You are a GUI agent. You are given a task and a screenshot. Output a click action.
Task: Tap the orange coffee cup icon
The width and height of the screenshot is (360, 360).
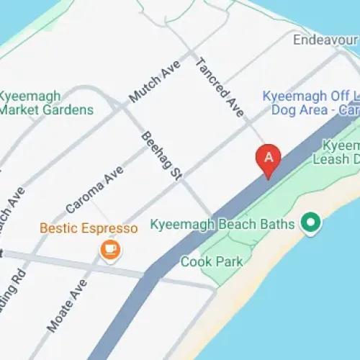coord(110,250)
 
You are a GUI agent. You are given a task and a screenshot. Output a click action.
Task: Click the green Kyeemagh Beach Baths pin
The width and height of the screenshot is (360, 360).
coord(311,222)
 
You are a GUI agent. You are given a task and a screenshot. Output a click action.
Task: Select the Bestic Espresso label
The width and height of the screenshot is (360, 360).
coord(89,229)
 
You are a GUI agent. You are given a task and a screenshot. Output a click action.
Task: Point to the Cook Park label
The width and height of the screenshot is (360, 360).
coord(212,261)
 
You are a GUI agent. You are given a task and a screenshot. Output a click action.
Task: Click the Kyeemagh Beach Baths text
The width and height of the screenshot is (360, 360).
coord(222,225)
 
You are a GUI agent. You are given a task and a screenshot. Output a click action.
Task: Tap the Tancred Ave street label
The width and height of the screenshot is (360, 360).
coord(220,88)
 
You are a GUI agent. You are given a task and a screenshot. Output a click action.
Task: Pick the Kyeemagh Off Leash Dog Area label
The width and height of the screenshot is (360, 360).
coord(311,102)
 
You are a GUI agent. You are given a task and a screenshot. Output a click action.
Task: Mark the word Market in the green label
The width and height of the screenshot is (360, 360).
coord(17,110)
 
